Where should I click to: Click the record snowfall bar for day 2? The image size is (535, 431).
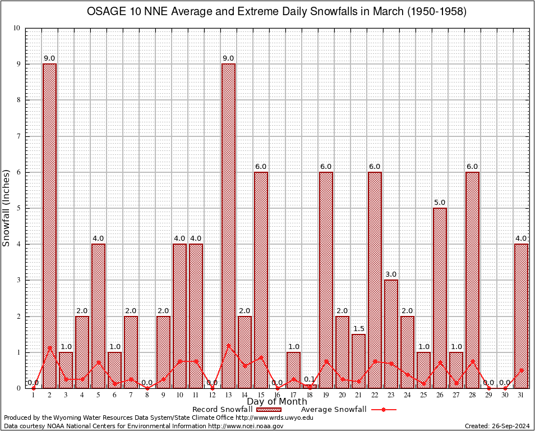49,224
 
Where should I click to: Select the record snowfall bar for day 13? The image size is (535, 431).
228,224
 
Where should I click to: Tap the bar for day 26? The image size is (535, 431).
440,297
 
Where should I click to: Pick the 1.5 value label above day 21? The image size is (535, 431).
358,328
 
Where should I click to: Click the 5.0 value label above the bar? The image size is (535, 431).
440,202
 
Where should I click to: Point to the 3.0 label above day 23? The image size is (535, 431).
391,274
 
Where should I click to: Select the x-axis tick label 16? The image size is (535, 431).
277,395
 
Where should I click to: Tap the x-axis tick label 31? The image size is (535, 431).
521,395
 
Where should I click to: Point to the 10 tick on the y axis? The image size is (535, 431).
16,28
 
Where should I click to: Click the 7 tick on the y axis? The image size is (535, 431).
18,136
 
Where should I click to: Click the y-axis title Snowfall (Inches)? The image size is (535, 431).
6,208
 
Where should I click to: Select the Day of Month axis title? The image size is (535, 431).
277,402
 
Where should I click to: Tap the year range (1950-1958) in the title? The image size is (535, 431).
435,12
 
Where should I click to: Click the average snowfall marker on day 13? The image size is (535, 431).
228,346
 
